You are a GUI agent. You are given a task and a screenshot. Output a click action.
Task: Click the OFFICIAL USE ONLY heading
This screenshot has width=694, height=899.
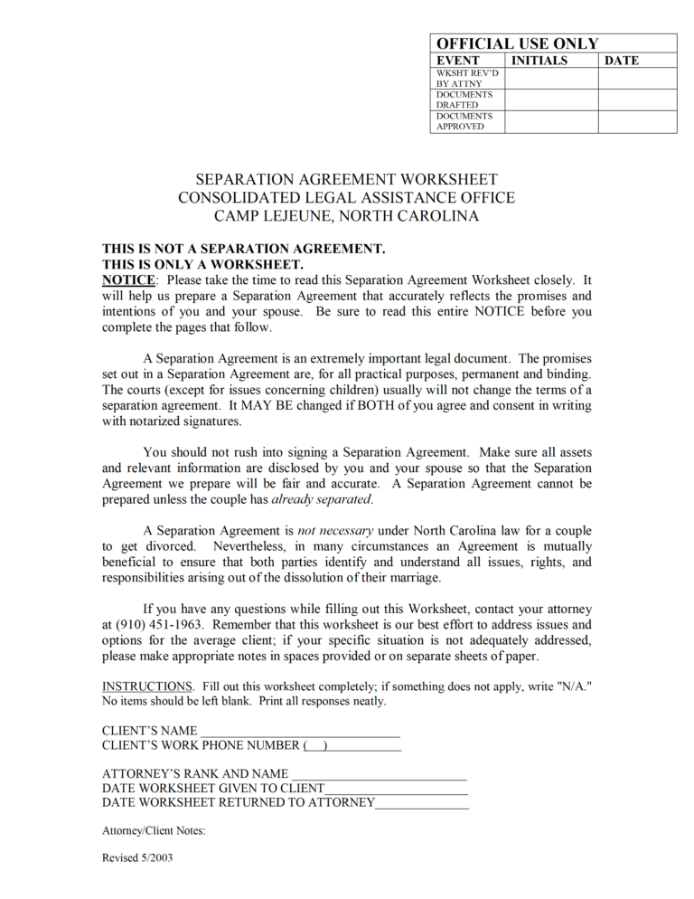coord(517,43)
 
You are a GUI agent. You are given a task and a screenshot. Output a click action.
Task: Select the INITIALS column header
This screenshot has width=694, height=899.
coord(539,61)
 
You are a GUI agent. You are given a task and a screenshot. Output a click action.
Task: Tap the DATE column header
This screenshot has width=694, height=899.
coord(621,61)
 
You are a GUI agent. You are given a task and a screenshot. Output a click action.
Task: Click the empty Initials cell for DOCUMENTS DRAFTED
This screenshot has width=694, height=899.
coord(550,99)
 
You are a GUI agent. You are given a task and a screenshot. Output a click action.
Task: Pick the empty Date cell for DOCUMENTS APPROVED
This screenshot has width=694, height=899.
coord(637,121)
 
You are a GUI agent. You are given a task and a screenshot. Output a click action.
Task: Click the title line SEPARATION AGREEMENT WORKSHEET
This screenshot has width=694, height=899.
coord(346,180)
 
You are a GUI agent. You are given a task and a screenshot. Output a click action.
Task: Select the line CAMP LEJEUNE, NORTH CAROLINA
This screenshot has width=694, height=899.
coord(346,216)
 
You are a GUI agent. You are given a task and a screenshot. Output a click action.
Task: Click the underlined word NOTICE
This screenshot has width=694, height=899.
coord(128,280)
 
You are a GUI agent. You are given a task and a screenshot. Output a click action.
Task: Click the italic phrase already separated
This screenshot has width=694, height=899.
coord(321,499)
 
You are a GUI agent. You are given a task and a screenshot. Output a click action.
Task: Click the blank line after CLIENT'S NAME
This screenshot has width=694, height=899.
coord(299,731)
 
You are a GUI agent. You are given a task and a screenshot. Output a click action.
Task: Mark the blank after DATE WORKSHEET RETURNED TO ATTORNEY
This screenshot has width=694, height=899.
coord(422,802)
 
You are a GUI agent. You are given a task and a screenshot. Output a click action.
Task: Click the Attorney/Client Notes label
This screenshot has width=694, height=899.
coord(154,830)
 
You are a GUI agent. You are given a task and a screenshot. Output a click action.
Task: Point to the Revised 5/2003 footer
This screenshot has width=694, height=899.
coord(137,858)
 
